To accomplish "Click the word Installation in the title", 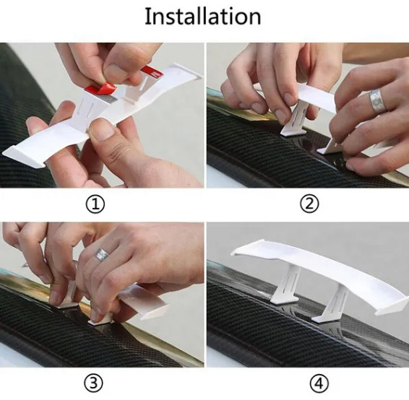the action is [203, 16].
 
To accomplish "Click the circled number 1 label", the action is [95, 204].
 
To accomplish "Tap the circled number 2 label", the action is [309, 204].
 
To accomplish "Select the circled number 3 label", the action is [93, 383].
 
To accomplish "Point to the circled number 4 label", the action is [319, 383].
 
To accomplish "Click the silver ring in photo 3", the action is [101, 255].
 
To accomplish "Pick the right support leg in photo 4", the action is [333, 303].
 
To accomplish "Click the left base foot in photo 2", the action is [293, 131].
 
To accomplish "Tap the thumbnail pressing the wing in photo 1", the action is [103, 129].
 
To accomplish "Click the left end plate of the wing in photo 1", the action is [23, 157].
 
